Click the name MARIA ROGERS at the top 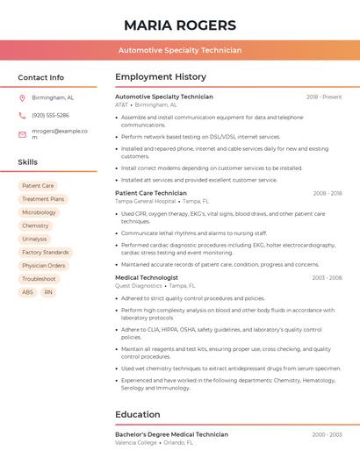(179, 25)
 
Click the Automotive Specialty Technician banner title (179, 51)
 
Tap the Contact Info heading (41, 77)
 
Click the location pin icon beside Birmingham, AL (22, 97)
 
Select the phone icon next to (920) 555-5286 (22, 116)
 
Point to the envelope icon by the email (22, 134)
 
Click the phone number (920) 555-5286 (50, 116)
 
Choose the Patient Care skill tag (38, 186)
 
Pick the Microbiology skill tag (39, 212)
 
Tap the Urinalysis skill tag (35, 239)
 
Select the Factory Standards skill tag (45, 253)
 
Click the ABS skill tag (28, 292)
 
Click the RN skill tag (48, 292)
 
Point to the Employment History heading (161, 77)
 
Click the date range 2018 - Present (324, 97)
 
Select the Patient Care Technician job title (151, 193)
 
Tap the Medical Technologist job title (147, 277)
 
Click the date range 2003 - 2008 (327, 277)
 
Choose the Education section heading (138, 414)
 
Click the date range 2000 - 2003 (327, 434)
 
